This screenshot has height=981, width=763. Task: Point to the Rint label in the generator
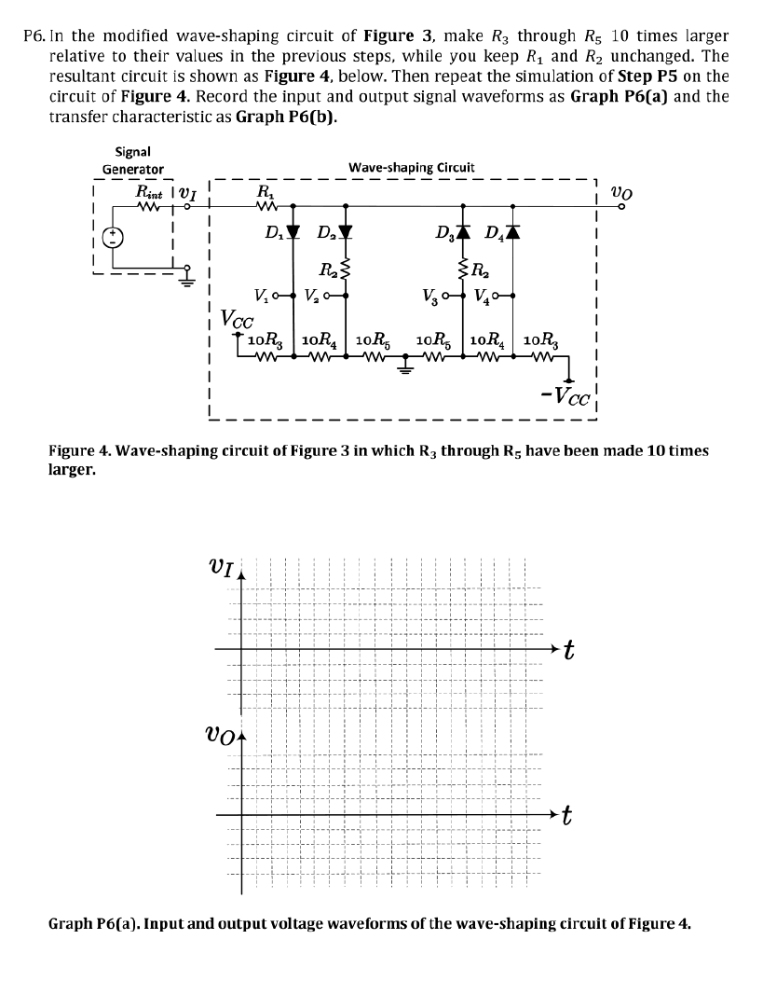click(x=149, y=192)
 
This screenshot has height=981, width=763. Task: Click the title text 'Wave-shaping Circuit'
click(x=411, y=167)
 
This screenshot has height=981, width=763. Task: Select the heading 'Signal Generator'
click(x=133, y=159)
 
